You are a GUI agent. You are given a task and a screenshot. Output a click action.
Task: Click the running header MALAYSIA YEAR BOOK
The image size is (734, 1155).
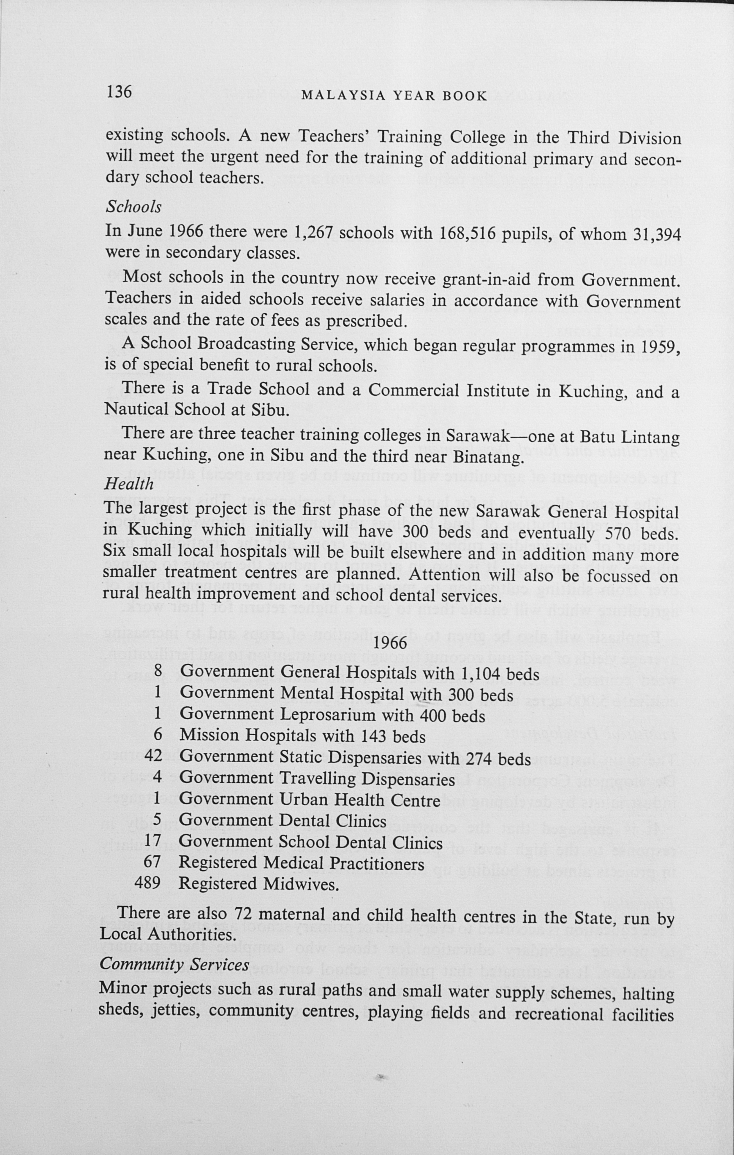point(394,96)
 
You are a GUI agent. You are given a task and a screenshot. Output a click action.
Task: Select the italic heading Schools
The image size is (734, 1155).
point(133,207)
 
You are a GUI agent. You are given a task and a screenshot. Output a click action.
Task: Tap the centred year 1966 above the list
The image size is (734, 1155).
point(390,642)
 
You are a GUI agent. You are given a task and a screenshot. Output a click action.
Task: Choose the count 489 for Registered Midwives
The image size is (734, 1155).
point(148,882)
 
